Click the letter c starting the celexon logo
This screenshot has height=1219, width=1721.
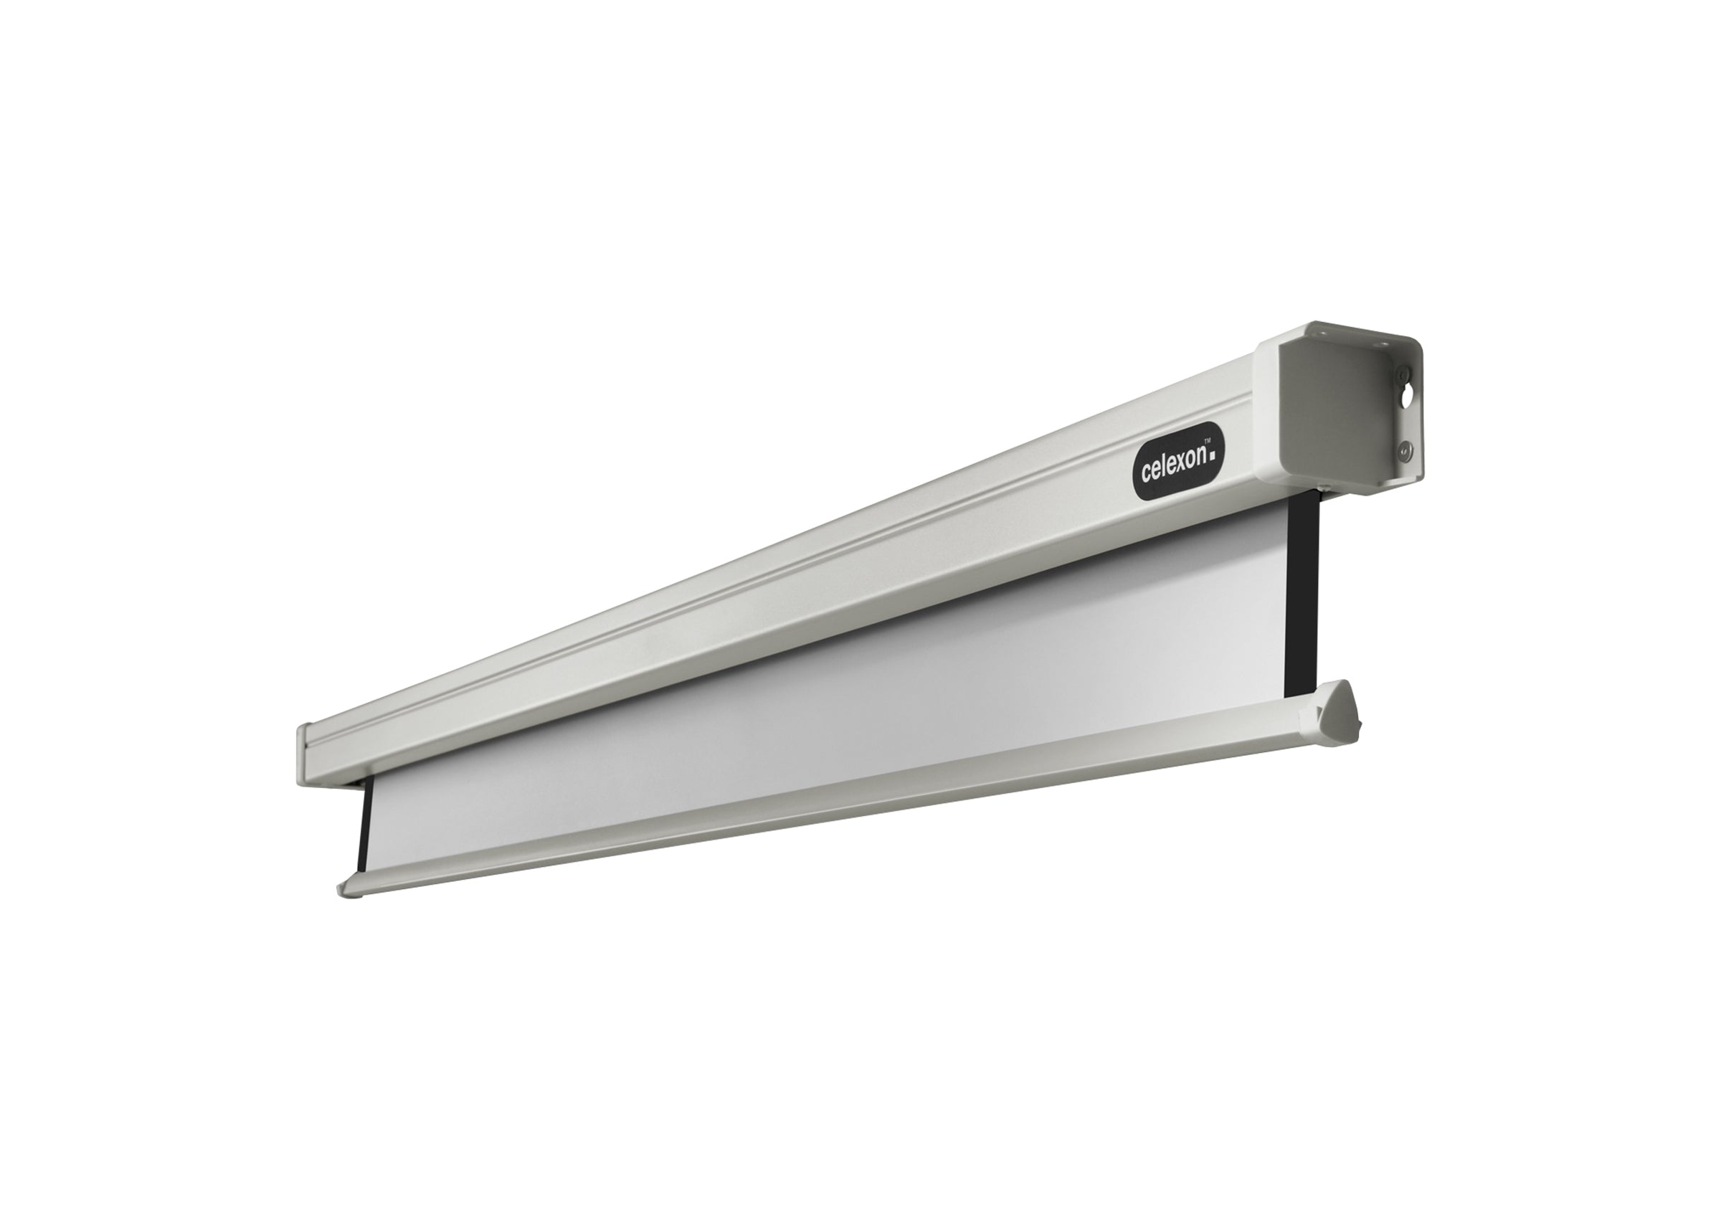1146,475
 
